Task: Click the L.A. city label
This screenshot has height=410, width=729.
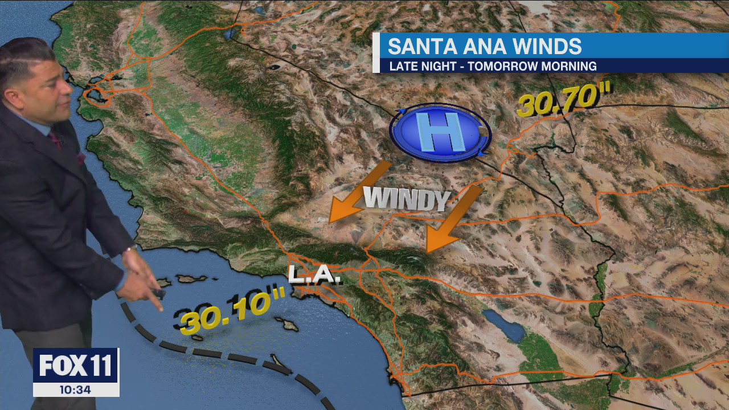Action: pyautogui.click(x=314, y=276)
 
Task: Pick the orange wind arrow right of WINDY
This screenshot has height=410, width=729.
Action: pyautogui.click(x=453, y=219)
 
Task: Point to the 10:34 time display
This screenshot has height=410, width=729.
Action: pyautogui.click(x=76, y=390)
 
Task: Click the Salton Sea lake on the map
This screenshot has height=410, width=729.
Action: pyautogui.click(x=503, y=326)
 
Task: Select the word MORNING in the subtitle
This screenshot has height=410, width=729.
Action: pyautogui.click(x=569, y=66)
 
